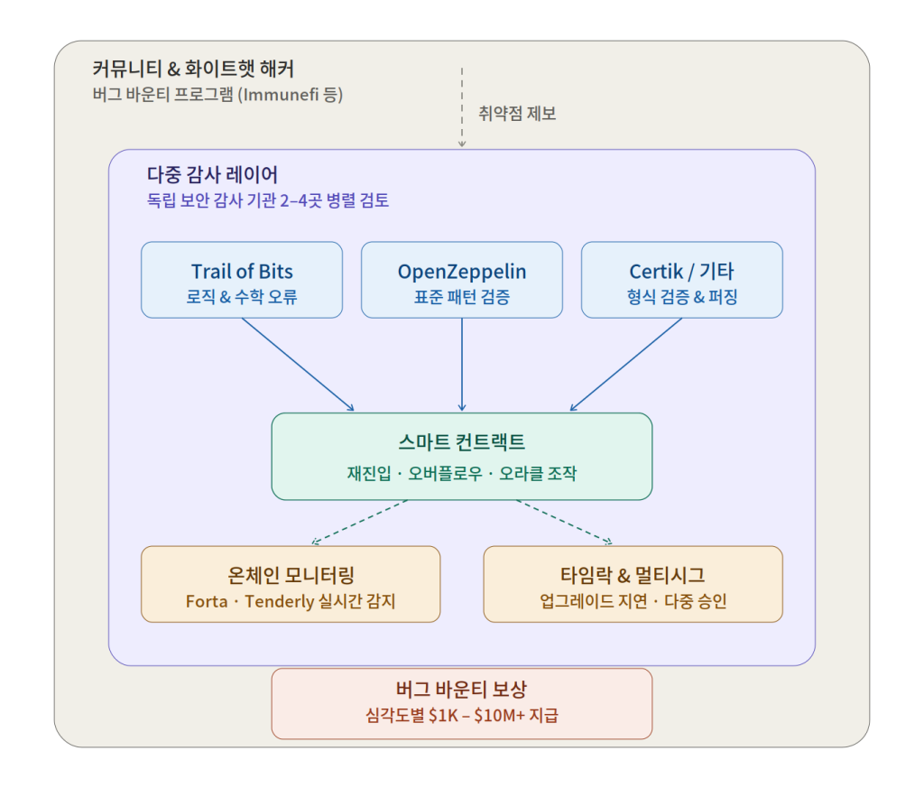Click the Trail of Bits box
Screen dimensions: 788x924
pos(242,280)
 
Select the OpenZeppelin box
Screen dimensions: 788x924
pos(462,280)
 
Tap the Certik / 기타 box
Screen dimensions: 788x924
pos(681,280)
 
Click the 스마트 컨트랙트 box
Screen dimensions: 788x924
pos(462,456)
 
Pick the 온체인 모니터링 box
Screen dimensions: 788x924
pos(291,584)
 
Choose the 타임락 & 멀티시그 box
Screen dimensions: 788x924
pos(633,584)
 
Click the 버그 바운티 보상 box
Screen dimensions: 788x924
pos(462,703)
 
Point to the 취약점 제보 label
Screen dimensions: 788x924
pos(517,114)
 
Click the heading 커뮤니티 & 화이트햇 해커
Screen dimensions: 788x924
pos(193,69)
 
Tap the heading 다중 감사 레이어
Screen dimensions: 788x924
pos(212,175)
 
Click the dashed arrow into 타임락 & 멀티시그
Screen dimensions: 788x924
pos(564,523)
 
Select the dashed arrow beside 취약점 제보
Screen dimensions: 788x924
pos(462,107)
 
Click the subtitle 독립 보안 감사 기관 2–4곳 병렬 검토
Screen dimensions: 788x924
pos(268,200)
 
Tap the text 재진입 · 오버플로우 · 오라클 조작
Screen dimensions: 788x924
pos(462,473)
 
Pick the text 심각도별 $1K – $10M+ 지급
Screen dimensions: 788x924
pos(462,717)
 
